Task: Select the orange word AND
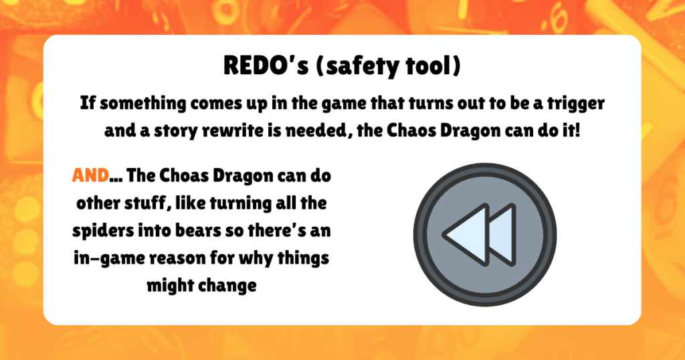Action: [x=90, y=176]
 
